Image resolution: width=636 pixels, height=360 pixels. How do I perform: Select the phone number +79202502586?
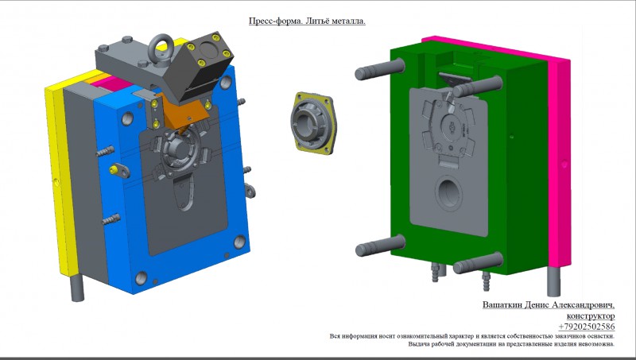click(x=586, y=327)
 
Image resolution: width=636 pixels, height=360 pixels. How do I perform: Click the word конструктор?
click(x=591, y=315)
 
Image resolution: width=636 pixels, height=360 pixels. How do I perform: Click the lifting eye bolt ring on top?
click(x=161, y=50)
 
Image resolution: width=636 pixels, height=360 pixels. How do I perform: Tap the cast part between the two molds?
click(x=313, y=123)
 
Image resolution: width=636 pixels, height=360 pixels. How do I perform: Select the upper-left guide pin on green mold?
click(x=380, y=69)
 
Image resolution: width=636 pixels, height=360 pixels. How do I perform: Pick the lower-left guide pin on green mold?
click(x=380, y=246)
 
